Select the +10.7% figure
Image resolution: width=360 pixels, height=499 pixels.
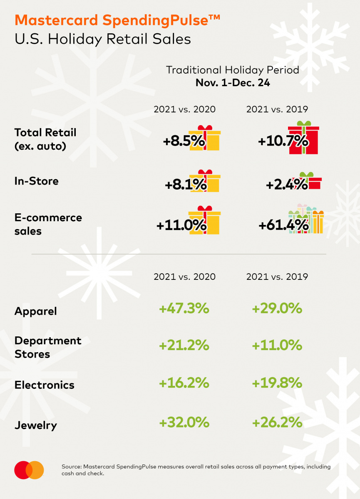point(283,141)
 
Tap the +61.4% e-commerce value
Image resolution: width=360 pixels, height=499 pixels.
point(283,226)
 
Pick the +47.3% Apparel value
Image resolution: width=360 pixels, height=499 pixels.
point(184,309)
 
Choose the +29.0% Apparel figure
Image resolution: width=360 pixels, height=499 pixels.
point(277,309)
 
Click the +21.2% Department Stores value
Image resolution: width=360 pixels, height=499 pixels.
point(184,345)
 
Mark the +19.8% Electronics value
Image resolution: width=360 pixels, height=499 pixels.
point(277,383)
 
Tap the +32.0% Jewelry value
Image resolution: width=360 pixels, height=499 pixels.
point(184,423)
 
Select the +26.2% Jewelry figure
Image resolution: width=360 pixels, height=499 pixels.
point(277,423)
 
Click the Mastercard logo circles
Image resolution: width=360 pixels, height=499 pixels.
point(29,470)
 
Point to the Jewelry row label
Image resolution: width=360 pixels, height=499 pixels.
point(36,425)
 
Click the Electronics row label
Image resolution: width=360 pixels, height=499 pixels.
point(45,385)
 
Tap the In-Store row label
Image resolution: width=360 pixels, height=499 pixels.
point(37,181)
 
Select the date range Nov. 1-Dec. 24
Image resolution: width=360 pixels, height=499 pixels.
point(233,83)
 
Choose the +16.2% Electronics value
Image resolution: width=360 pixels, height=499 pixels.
point(184,383)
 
